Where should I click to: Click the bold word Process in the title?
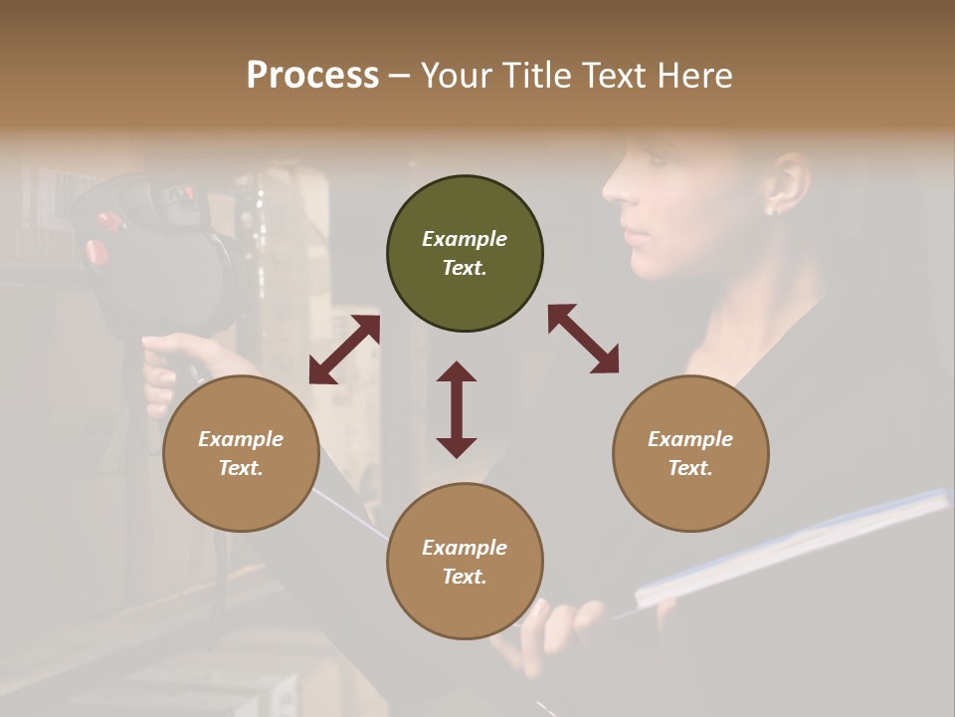point(312,76)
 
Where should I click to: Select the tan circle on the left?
point(241,453)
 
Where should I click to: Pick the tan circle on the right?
point(690,453)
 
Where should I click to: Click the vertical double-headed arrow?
point(457,409)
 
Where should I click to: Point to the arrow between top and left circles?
point(344,350)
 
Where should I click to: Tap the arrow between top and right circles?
point(583,339)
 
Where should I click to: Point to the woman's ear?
point(786,184)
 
